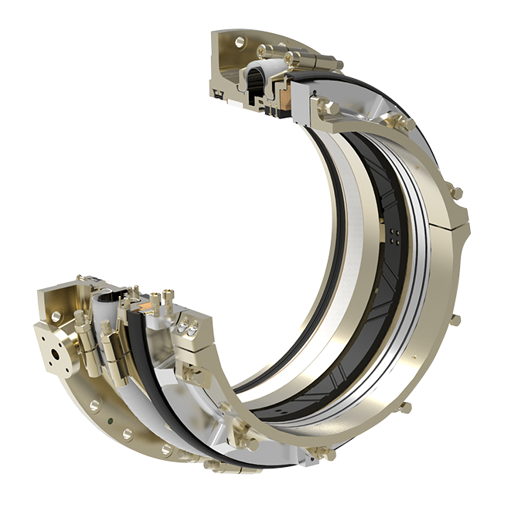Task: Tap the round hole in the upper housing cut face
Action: click(240, 43)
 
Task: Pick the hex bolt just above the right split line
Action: click(457, 192)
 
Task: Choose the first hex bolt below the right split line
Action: click(455, 319)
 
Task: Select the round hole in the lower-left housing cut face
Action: click(54, 317)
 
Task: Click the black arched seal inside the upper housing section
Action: click(257, 77)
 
